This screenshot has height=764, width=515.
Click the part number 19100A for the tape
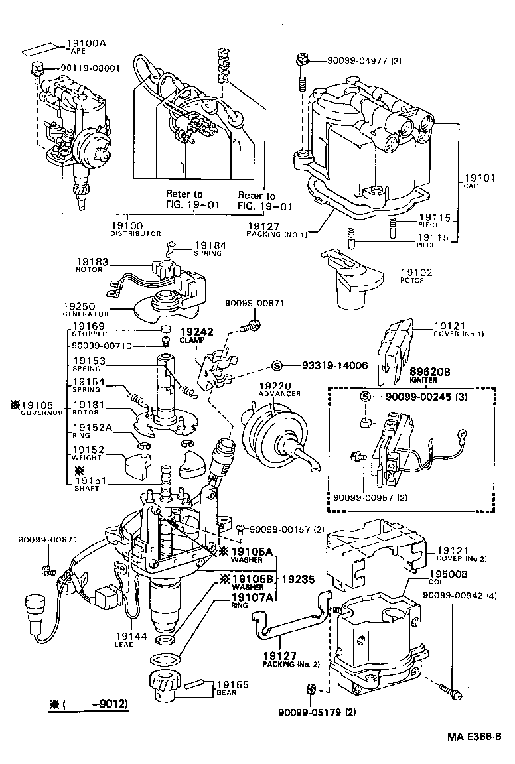coord(86,44)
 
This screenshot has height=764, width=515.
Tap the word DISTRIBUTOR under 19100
coord(135,234)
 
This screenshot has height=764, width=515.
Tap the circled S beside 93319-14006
coord(278,365)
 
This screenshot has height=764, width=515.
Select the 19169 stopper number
coord(89,326)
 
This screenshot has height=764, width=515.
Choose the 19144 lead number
coord(126,635)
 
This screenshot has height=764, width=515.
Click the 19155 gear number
coord(229,684)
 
